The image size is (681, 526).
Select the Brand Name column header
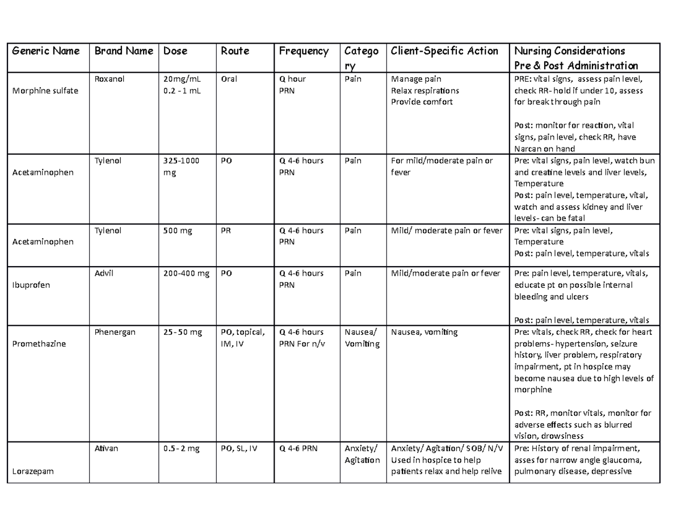(x=124, y=51)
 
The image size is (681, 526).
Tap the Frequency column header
(x=304, y=51)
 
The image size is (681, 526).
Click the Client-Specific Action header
(x=445, y=51)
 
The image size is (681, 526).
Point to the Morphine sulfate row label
(x=39, y=91)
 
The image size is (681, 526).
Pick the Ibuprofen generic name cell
(x=31, y=285)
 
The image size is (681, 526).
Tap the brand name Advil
(x=103, y=273)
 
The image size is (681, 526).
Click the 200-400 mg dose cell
(x=186, y=273)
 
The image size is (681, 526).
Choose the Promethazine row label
(x=37, y=344)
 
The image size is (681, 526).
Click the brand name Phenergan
(x=115, y=332)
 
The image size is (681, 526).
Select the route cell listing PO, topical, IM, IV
(x=242, y=338)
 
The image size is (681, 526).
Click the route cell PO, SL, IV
(x=239, y=448)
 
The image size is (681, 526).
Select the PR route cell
(x=226, y=230)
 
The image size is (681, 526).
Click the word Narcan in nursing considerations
(x=529, y=149)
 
